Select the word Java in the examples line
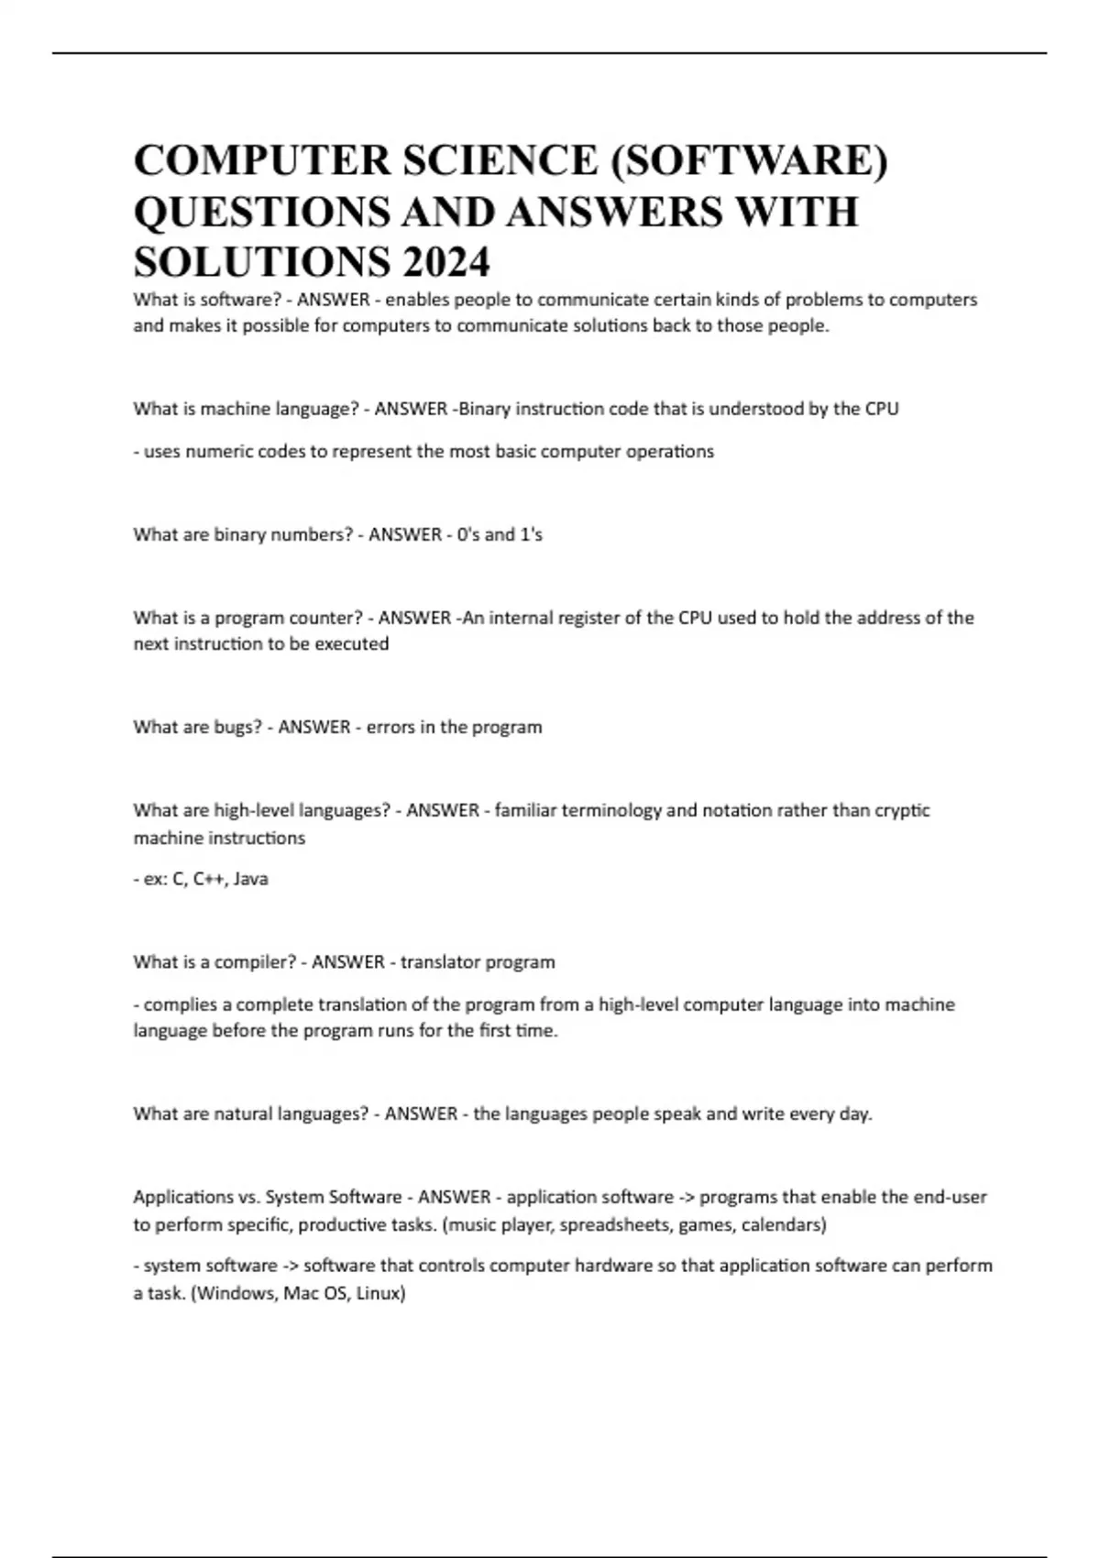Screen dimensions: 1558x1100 tap(250, 879)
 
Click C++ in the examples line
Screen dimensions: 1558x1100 tap(209, 879)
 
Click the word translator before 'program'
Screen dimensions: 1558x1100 tap(440, 962)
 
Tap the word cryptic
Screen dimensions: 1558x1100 tap(902, 810)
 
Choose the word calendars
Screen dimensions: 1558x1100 tap(783, 1224)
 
